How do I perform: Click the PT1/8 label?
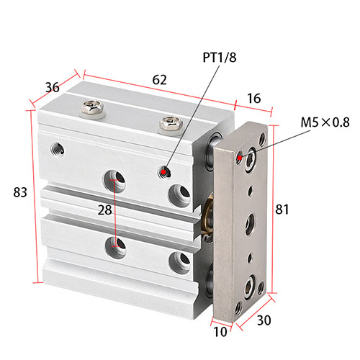pyautogui.click(x=220, y=58)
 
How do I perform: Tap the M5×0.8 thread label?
pyautogui.click(x=325, y=122)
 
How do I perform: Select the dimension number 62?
pyautogui.click(x=159, y=80)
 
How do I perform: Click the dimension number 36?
pyautogui.click(x=53, y=87)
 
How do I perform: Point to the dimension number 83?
pyautogui.click(x=20, y=192)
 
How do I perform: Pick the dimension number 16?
pyautogui.click(x=253, y=99)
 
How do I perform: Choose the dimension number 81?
pyautogui.click(x=282, y=209)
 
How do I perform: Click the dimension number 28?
pyautogui.click(x=105, y=210)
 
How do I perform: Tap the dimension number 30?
pyautogui.click(x=264, y=320)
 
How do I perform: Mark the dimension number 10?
pyautogui.click(x=220, y=332)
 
